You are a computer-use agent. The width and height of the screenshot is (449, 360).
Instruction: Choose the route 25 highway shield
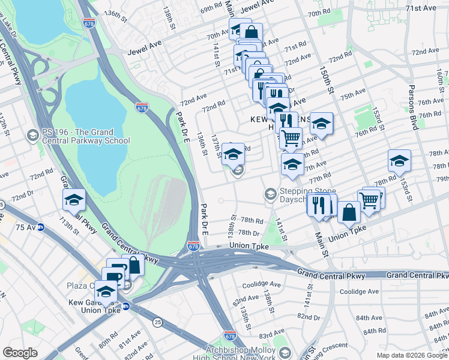click(158, 323)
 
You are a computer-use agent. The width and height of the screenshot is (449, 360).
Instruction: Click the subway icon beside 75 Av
click(41, 227)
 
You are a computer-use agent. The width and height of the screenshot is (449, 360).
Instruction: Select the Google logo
click(20, 352)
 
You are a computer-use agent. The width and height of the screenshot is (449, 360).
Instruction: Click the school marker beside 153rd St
click(399, 161)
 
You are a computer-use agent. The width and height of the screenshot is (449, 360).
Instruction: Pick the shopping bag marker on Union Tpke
click(349, 212)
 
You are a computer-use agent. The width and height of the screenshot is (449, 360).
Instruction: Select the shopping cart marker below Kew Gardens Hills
click(291, 138)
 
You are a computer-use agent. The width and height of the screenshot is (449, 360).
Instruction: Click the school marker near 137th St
click(233, 154)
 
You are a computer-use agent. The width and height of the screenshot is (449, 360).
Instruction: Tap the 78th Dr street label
click(247, 232)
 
